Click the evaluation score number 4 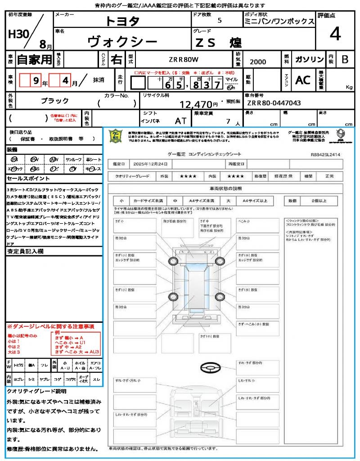(335, 34)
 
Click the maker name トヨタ (122, 21)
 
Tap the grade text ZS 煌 (218, 43)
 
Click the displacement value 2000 (258, 62)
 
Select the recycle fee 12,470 (196, 104)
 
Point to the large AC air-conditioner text (303, 80)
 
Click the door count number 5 (219, 20)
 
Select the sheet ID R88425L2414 (325, 154)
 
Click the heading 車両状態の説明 (225, 188)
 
